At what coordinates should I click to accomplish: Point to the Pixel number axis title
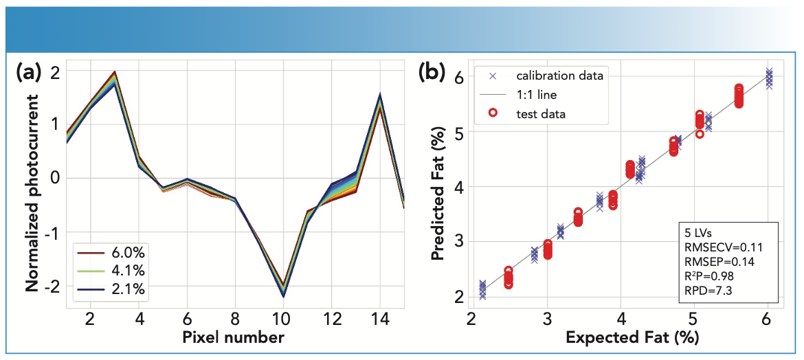click(234, 338)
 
